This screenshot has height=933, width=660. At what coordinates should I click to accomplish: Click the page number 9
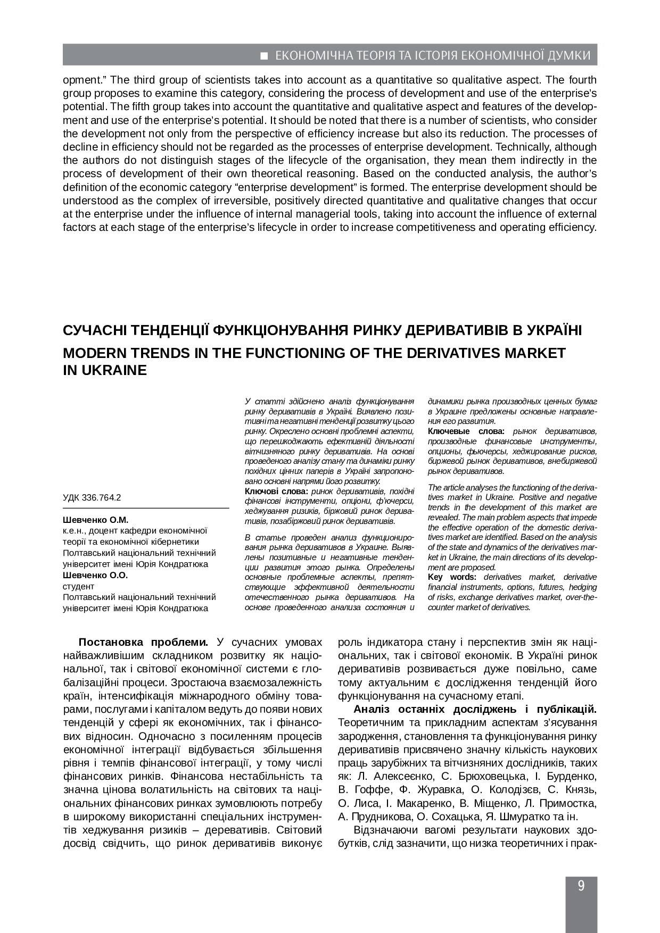(581, 886)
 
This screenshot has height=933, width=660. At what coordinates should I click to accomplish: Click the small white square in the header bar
(263, 55)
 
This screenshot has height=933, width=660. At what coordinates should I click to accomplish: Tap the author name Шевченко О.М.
(95, 520)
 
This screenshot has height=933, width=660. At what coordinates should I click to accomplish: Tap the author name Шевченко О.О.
(95, 575)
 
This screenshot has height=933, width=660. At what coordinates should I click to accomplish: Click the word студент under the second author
(78, 586)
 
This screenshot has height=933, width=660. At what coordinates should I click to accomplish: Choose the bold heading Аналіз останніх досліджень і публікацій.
(475, 709)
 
